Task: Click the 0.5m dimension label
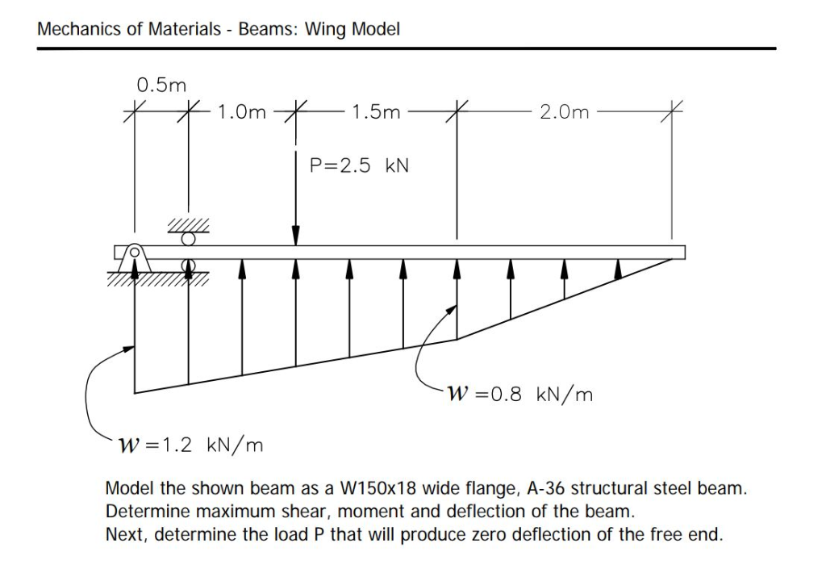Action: coord(161,84)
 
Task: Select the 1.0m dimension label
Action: coord(241,112)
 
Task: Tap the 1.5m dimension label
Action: coord(376,112)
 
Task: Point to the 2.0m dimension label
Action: coord(564,112)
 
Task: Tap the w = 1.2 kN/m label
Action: coord(190,445)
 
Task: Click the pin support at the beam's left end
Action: coord(135,253)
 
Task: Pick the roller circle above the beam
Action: coord(189,239)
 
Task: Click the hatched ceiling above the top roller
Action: coord(189,226)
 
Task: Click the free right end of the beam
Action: coord(683,253)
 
